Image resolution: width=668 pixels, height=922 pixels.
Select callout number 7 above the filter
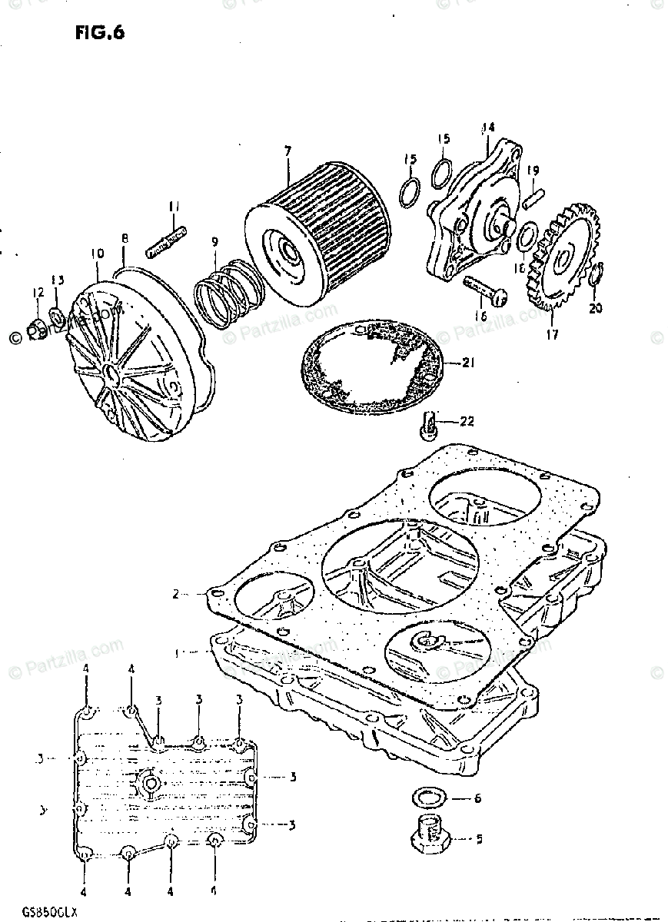287,152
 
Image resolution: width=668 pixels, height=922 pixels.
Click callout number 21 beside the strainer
469,362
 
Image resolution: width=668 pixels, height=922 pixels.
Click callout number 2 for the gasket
176,594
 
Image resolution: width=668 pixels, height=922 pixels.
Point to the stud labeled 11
166,235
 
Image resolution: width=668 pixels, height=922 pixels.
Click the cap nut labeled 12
35,330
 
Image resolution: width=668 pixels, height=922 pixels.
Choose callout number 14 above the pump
487,128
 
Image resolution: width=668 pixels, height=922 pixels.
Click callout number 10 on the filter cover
97,253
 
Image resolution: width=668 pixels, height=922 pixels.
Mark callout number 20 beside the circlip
597,309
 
